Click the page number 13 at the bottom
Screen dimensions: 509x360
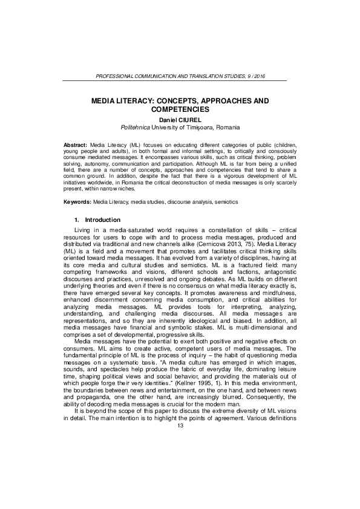[180, 493]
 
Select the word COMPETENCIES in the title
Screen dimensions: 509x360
[179, 109]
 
